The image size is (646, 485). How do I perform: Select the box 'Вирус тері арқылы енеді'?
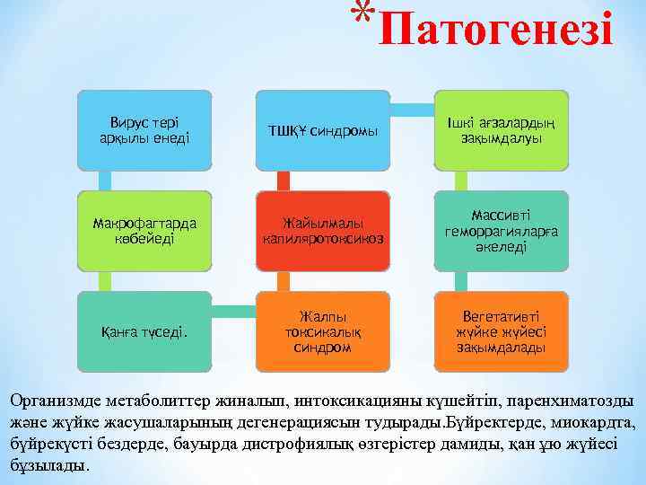point(144,130)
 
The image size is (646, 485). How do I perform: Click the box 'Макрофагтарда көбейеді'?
point(144,232)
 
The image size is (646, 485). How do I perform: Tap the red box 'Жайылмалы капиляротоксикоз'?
point(324,231)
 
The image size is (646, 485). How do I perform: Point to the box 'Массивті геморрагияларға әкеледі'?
point(501,231)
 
